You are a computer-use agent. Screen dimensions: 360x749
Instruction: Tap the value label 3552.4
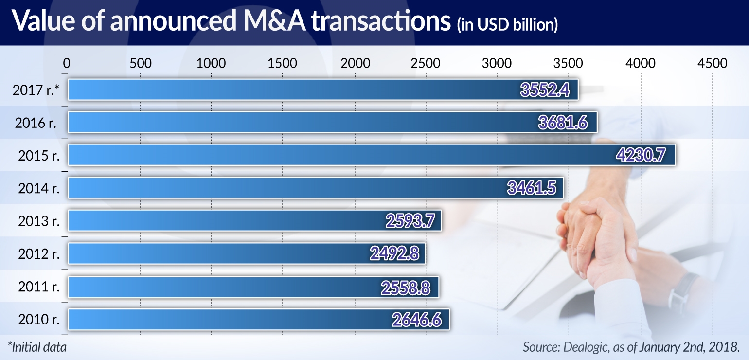tap(545, 90)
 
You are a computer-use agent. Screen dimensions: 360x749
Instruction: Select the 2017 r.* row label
tap(36, 90)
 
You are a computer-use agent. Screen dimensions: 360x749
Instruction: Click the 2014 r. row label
tap(39, 188)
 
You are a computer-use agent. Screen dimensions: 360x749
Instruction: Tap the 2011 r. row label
tap(39, 287)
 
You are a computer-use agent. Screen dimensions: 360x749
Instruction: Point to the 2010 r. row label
tap(39, 320)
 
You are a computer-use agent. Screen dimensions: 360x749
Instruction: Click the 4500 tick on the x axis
tap(712, 63)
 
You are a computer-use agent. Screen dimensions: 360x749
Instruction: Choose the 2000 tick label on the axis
tap(355, 63)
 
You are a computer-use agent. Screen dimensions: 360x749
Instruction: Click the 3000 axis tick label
tap(497, 63)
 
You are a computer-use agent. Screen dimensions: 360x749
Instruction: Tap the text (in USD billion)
tap(507, 24)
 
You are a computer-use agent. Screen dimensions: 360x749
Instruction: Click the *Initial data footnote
tap(37, 347)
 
